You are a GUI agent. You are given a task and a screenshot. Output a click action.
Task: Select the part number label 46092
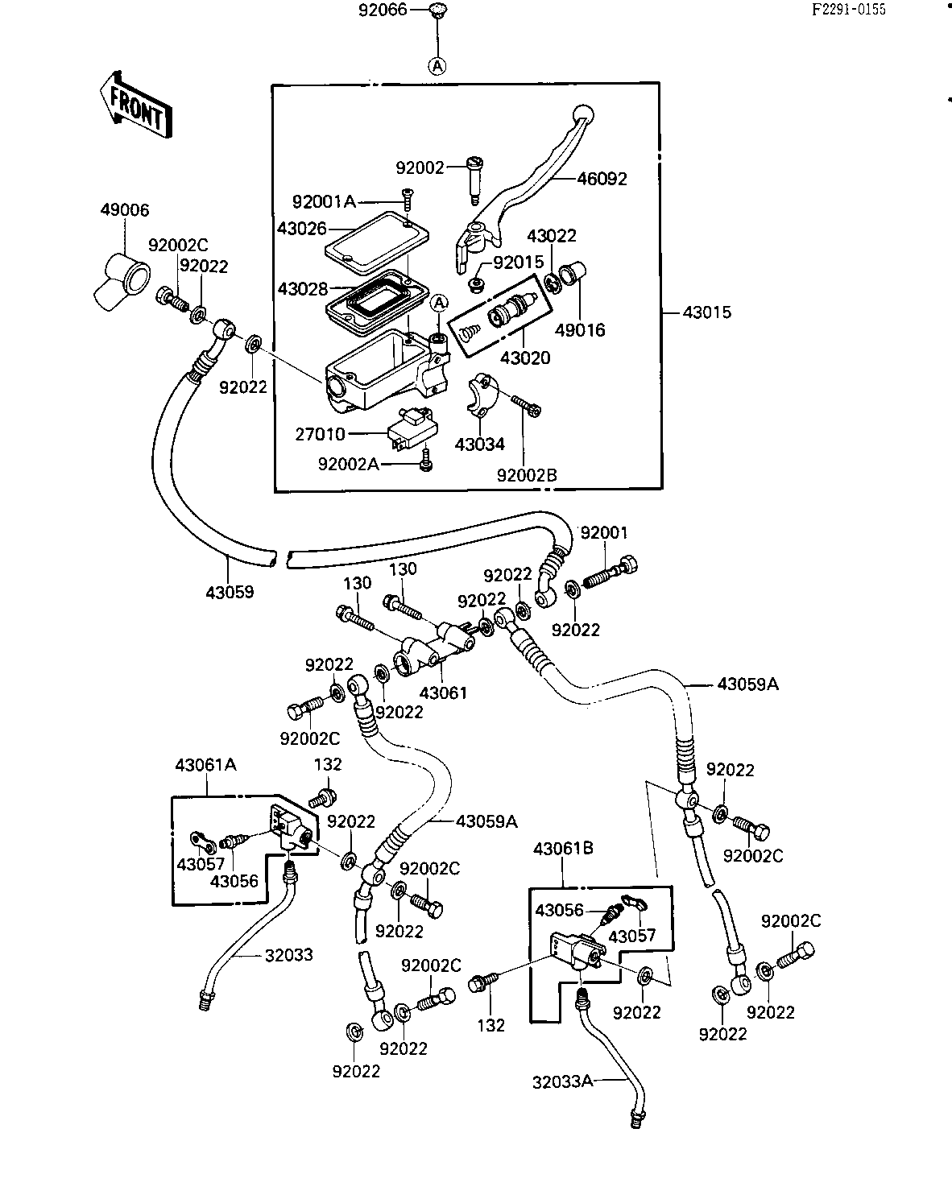[x=602, y=179]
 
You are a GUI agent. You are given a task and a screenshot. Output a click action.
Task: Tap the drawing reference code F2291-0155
[x=848, y=10]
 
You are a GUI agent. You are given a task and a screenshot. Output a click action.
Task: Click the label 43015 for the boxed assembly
[x=707, y=312]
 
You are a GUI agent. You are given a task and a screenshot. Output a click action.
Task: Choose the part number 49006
[x=125, y=210]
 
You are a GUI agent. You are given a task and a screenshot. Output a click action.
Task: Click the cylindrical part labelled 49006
[x=122, y=281]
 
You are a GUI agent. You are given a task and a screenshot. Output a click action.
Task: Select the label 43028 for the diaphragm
[x=303, y=289]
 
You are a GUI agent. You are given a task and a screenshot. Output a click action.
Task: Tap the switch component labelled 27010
[x=412, y=429]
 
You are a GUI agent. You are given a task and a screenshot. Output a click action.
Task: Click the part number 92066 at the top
[x=383, y=10]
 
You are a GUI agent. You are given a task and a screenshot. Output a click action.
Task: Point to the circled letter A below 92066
[x=437, y=66]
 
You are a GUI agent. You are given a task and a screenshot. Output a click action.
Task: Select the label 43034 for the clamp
[x=479, y=444]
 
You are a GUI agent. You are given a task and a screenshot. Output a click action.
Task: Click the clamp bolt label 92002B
[x=527, y=475]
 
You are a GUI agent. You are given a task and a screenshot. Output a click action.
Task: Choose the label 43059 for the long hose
[x=230, y=593]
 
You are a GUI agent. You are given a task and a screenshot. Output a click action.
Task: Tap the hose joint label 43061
[x=443, y=693]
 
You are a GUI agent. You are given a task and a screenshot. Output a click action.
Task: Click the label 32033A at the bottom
[x=563, y=1082]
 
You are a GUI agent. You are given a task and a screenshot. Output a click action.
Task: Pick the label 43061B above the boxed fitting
[x=563, y=849]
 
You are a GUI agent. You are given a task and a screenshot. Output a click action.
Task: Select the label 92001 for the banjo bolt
[x=604, y=533]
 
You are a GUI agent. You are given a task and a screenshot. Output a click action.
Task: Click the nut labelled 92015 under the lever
[x=475, y=285]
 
